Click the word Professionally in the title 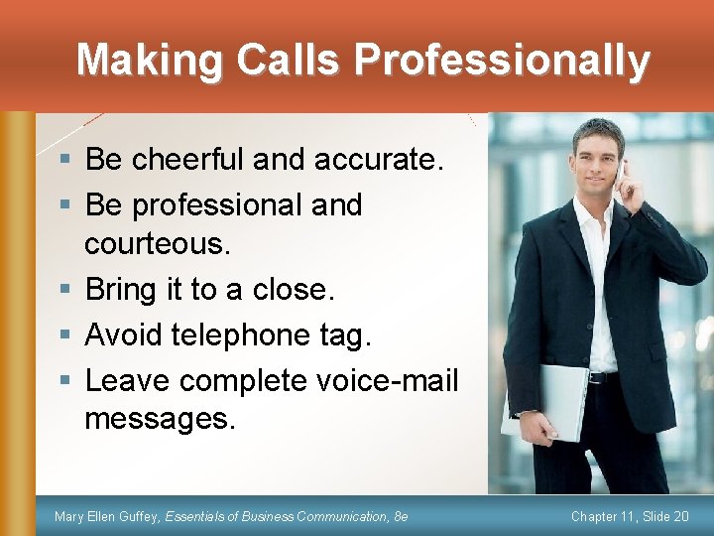502,62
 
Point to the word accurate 373,159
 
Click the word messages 161,419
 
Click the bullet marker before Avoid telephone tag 63,336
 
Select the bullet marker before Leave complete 63,381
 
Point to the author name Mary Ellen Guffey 106,517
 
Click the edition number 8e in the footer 401,517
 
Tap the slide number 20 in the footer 678,517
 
